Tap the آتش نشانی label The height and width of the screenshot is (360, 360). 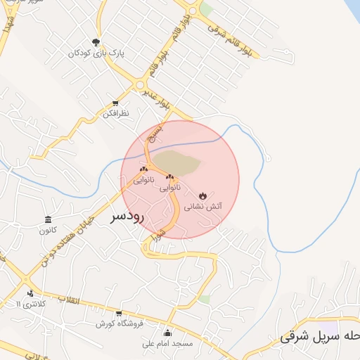[x=203, y=207]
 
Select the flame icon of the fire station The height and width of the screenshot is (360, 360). [x=203, y=194]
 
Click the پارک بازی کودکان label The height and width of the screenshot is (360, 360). [x=96, y=53]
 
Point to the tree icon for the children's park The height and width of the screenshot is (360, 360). [x=96, y=41]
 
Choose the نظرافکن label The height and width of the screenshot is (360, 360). [x=115, y=113]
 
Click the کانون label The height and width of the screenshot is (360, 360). [x=48, y=230]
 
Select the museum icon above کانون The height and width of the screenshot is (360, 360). [x=48, y=219]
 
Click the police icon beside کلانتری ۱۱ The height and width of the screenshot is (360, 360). [x=30, y=293]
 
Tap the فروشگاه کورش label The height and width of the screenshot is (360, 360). [x=120, y=323]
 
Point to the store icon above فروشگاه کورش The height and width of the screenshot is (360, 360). [x=119, y=313]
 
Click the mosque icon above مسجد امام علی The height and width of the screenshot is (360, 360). [x=167, y=333]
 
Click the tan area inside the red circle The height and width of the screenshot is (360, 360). [x=177, y=162]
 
